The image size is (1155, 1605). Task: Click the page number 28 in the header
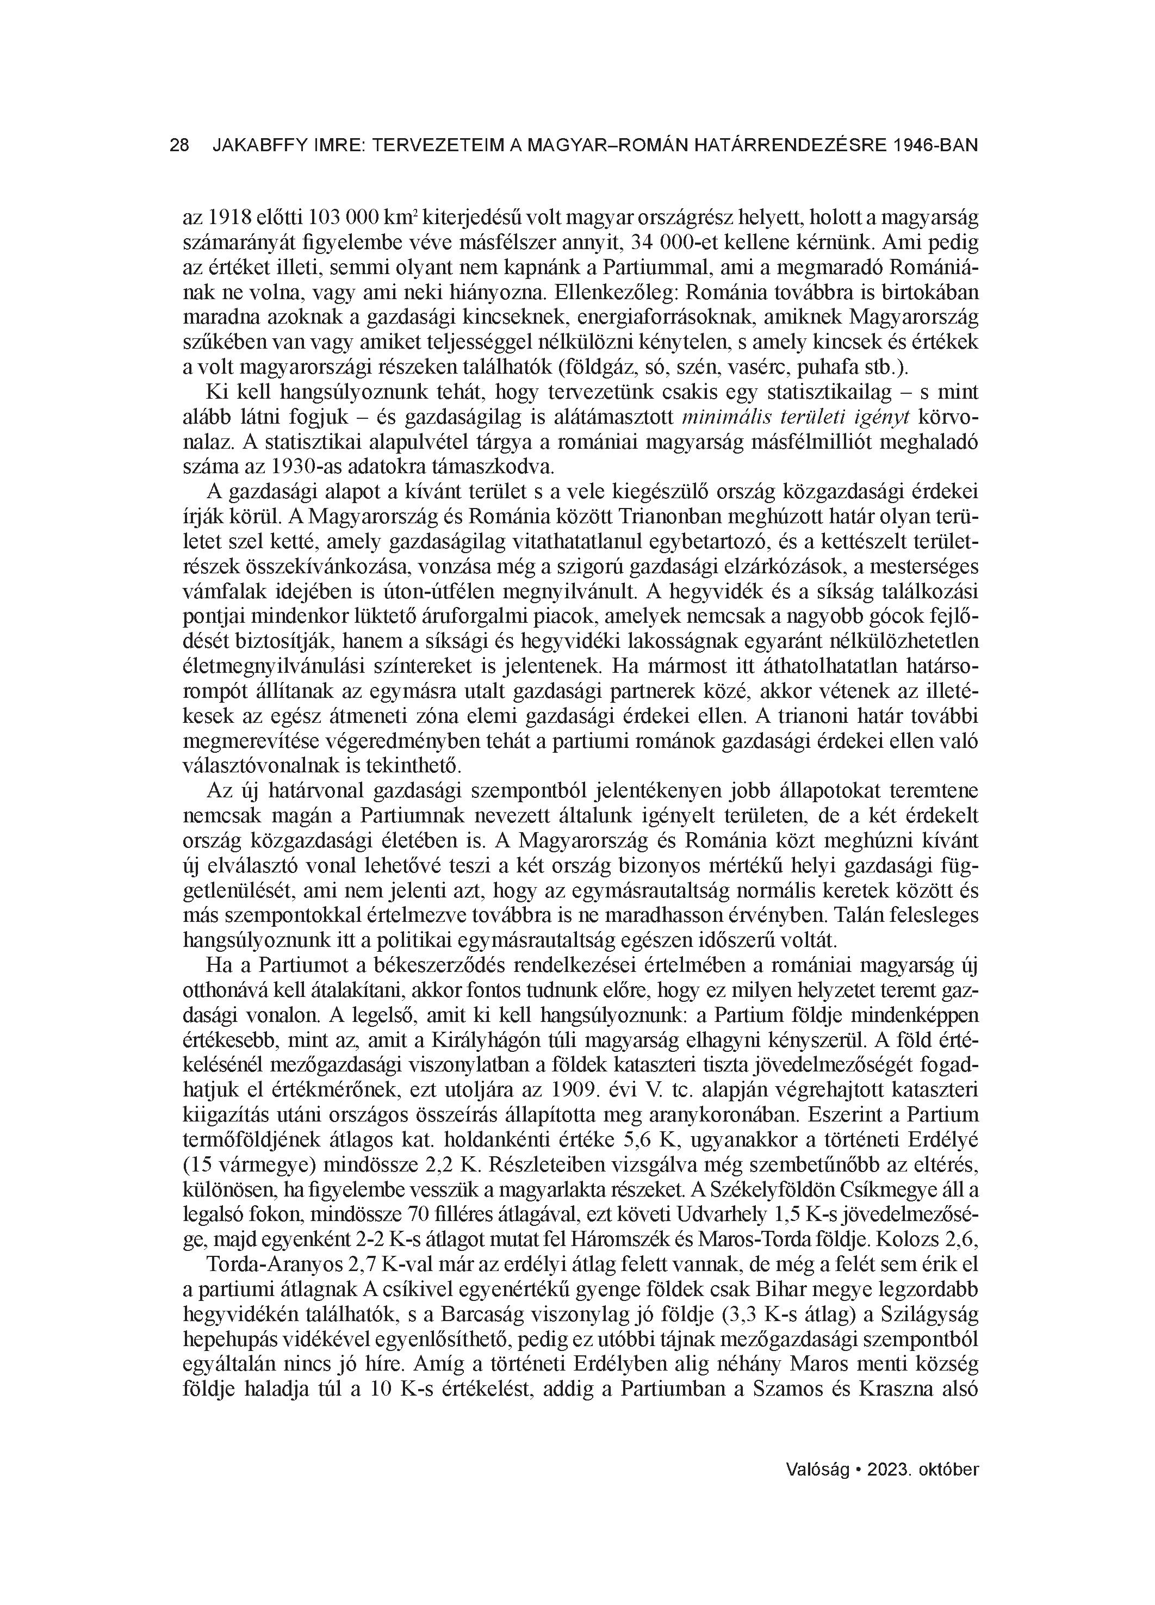pos(180,146)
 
